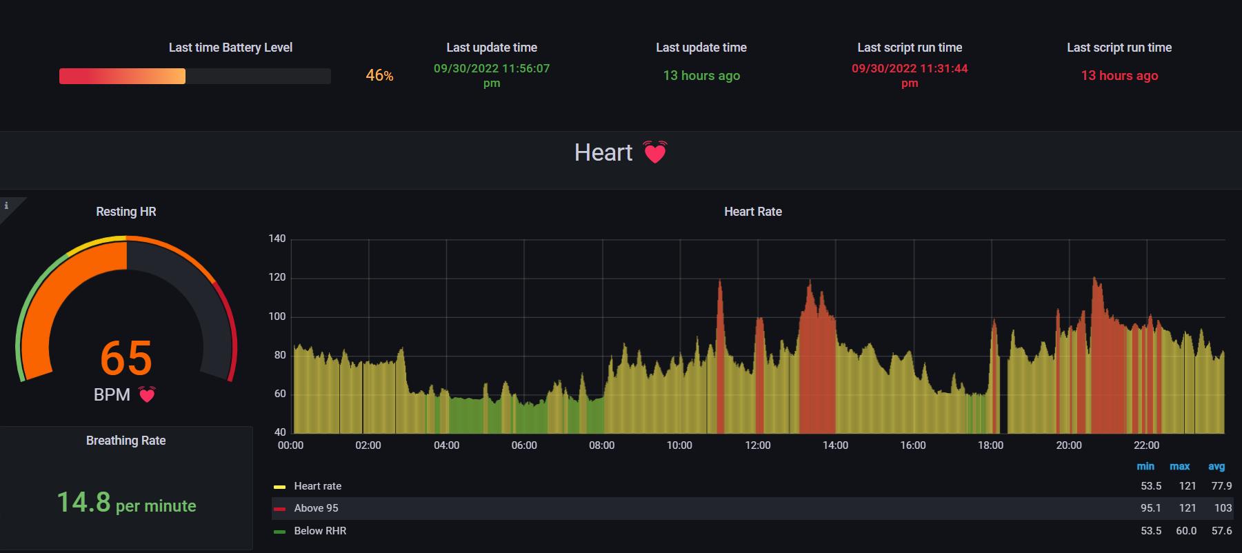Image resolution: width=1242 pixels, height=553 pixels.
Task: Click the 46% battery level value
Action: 379,75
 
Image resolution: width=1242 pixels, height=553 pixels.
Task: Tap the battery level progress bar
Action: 194,76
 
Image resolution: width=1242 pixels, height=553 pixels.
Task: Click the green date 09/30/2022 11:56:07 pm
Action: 492,75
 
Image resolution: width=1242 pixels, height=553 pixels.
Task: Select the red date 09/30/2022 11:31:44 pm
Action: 910,75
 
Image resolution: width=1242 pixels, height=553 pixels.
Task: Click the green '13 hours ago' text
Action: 701,76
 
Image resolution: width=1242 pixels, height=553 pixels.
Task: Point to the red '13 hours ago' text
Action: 1119,76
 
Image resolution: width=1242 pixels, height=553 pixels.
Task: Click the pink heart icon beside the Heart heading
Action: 654,152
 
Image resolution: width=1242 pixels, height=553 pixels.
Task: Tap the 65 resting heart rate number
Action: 126,358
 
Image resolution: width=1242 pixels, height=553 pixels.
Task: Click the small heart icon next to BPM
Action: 147,394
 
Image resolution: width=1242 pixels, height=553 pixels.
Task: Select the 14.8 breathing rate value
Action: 83,503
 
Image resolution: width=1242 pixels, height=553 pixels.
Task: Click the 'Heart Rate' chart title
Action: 752,212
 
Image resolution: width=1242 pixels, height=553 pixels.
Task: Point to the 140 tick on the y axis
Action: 277,239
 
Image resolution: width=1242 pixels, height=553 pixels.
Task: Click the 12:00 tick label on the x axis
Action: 757,445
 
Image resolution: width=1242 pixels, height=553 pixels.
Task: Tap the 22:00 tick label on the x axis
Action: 1146,445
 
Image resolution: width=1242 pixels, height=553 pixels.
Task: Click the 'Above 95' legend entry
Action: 316,508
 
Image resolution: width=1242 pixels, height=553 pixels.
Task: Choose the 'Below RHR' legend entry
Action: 320,531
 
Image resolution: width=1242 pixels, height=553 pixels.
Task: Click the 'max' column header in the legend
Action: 1179,467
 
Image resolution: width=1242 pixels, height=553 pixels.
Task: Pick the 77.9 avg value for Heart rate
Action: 1221,486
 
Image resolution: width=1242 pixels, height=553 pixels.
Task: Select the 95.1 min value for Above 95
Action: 1150,508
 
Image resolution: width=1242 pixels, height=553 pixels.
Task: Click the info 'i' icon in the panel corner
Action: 6,205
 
